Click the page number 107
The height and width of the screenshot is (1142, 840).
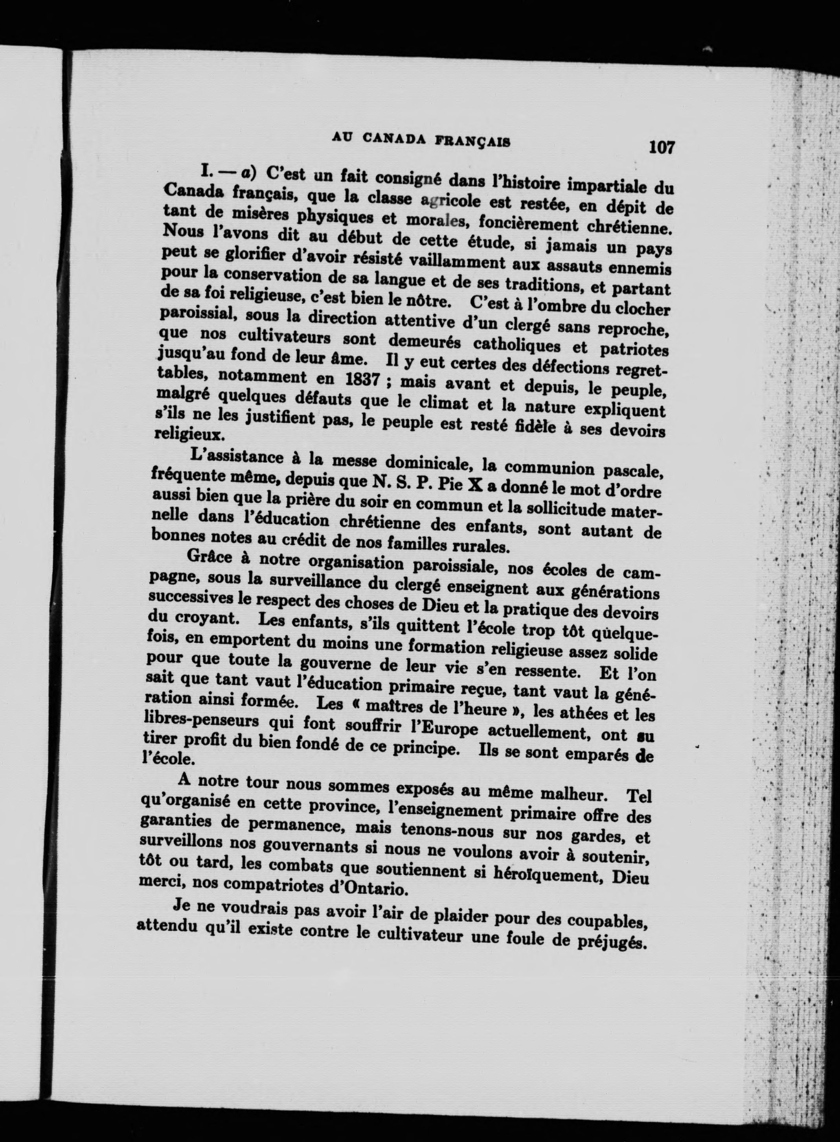(x=661, y=147)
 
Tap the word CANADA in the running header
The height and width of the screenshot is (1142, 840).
(x=397, y=139)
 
